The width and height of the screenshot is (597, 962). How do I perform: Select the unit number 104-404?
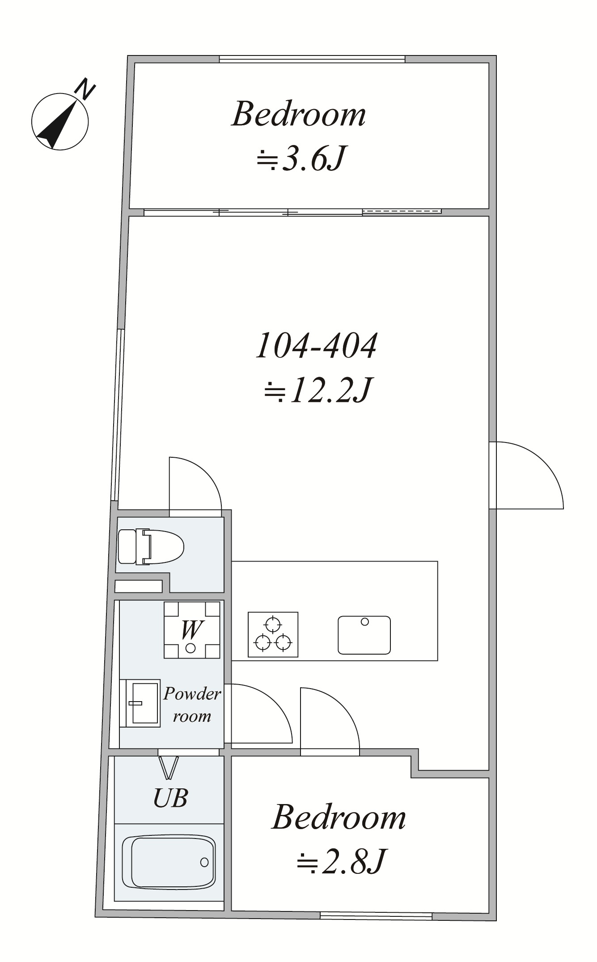coord(316,345)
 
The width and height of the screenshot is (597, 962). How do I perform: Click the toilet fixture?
coord(151,546)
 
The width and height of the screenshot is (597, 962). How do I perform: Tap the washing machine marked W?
coord(192,630)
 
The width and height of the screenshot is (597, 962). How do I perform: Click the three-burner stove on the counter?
coord(273,634)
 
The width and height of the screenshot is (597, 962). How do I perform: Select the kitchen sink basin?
coord(364,635)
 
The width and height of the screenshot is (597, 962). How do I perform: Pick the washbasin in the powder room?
coord(140,703)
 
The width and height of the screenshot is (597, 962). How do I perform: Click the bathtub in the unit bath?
coord(169,862)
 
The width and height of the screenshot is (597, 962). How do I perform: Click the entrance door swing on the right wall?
coord(527,475)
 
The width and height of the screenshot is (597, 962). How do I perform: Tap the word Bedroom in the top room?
coord(298,114)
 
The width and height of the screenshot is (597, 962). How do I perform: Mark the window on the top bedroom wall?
coord(312,59)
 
